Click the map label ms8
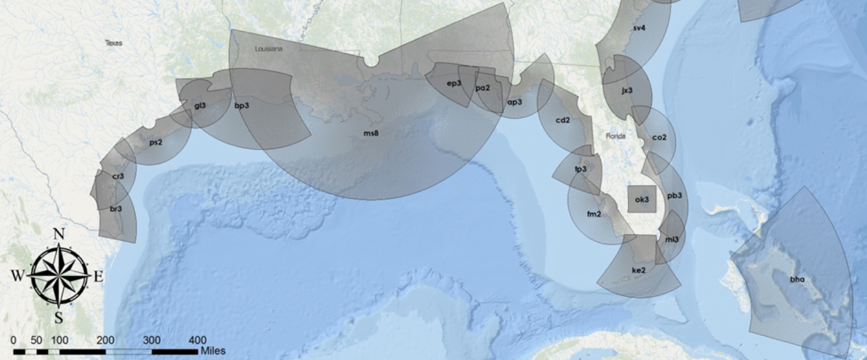point(371,133)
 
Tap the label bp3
point(242,106)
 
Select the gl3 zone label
point(200,106)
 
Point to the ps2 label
point(156,142)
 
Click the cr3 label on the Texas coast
point(118,176)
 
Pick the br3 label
point(116,209)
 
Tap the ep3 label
point(454,83)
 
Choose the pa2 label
point(483,88)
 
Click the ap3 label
point(514,102)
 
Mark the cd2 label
point(562,120)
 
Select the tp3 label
point(580,169)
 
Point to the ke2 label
point(639,270)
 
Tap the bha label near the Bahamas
point(797,279)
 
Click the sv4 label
point(639,28)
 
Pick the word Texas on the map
point(113,43)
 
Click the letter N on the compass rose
point(59,234)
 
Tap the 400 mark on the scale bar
point(197,340)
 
